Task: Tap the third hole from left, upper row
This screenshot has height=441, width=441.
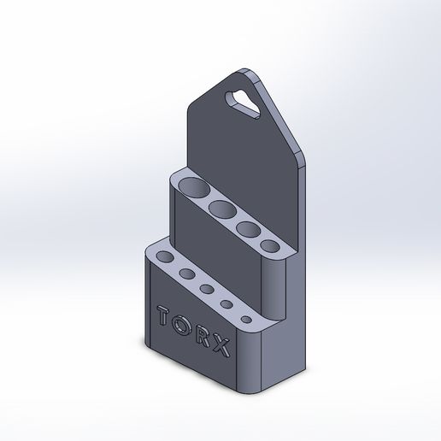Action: click(x=250, y=229)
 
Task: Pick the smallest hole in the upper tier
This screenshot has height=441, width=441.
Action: click(x=270, y=246)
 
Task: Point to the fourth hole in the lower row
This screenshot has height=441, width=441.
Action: click(x=227, y=304)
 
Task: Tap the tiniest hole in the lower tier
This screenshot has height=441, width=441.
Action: click(x=246, y=319)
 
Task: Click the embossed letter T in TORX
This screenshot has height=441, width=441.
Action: click(x=164, y=315)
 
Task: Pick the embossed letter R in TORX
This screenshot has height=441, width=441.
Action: click(x=203, y=337)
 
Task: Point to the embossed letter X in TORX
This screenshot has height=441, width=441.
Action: click(x=222, y=348)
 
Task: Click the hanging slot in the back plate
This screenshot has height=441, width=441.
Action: click(x=246, y=102)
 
